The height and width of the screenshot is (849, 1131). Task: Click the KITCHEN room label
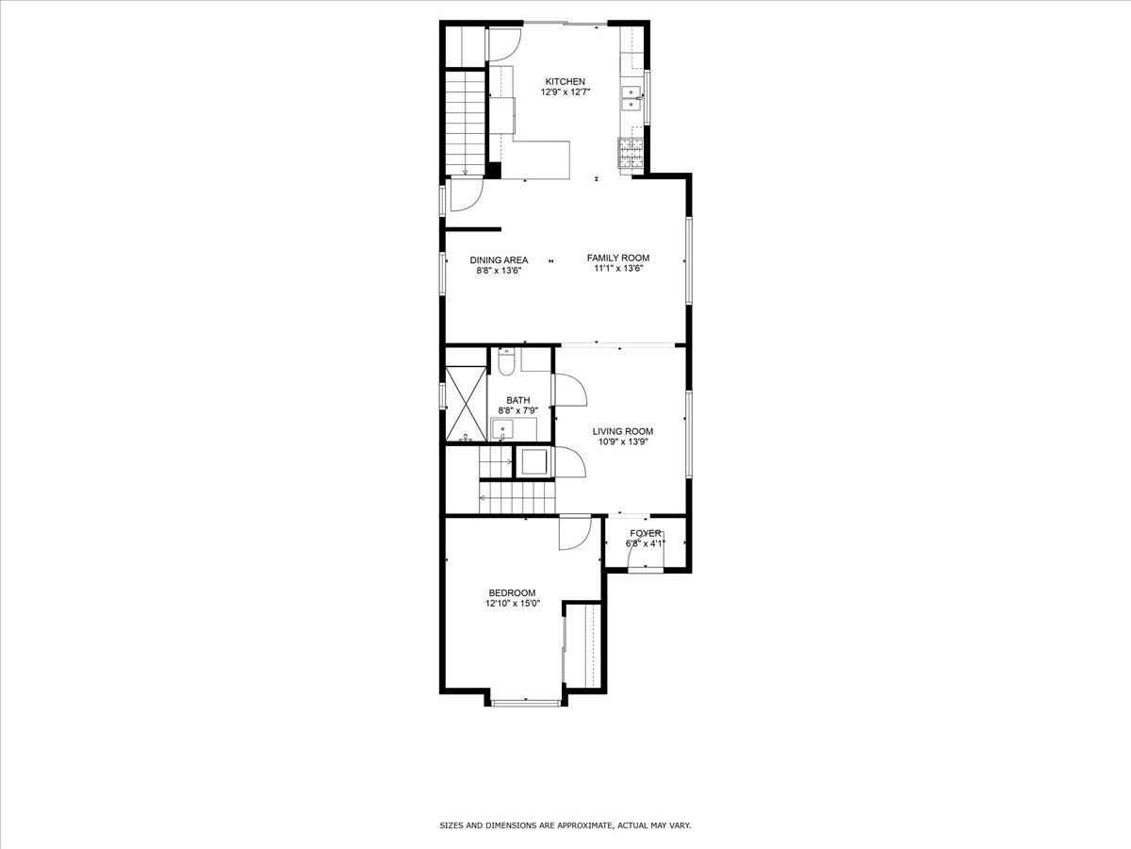pyautogui.click(x=564, y=81)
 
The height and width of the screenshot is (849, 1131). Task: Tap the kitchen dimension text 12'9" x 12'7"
pyautogui.click(x=564, y=92)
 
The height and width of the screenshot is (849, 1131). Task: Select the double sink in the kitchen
pyautogui.click(x=631, y=98)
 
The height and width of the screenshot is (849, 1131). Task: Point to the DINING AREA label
pyautogui.click(x=500, y=259)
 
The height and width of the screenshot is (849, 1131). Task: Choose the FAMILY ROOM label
pyautogui.click(x=617, y=258)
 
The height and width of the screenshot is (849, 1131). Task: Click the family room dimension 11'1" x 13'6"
pyautogui.click(x=617, y=269)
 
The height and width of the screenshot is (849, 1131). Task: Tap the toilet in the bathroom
pyautogui.click(x=505, y=360)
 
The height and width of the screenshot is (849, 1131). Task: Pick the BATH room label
pyautogui.click(x=517, y=400)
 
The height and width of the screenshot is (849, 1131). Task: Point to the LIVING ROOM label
pyautogui.click(x=623, y=431)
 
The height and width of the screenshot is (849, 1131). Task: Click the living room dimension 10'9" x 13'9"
pyautogui.click(x=623, y=442)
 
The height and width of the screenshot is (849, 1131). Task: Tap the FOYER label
pyautogui.click(x=646, y=533)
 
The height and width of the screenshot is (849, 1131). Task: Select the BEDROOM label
pyautogui.click(x=512, y=592)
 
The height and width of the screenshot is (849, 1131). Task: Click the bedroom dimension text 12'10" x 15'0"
pyautogui.click(x=512, y=604)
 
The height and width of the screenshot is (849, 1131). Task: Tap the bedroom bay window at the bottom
pyautogui.click(x=525, y=702)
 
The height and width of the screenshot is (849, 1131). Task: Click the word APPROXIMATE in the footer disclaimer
pyautogui.click(x=583, y=825)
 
